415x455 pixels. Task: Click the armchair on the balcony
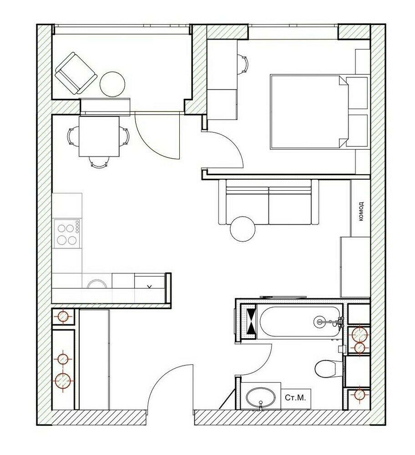pyautogui.click(x=76, y=73)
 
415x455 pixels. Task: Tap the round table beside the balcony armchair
pyautogui.click(x=112, y=84)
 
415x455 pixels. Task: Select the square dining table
pyautogui.click(x=99, y=136)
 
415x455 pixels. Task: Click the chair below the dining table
pyautogui.click(x=99, y=162)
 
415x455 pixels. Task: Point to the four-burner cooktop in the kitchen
pyautogui.click(x=67, y=234)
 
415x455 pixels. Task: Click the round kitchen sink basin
pyautogui.click(x=96, y=283)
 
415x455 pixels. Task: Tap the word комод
pyautogui.click(x=361, y=212)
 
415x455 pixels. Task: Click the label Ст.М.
pyautogui.click(x=295, y=398)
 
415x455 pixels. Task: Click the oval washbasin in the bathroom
pyautogui.click(x=261, y=398)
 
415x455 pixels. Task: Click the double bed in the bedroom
pyautogui.click(x=309, y=112)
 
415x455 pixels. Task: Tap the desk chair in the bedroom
pyautogui.click(x=243, y=64)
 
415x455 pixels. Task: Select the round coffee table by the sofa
pyautogui.click(x=243, y=229)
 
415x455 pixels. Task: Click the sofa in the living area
pyautogui.click(x=268, y=202)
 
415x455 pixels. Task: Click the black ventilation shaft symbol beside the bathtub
pyautogui.click(x=251, y=321)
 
